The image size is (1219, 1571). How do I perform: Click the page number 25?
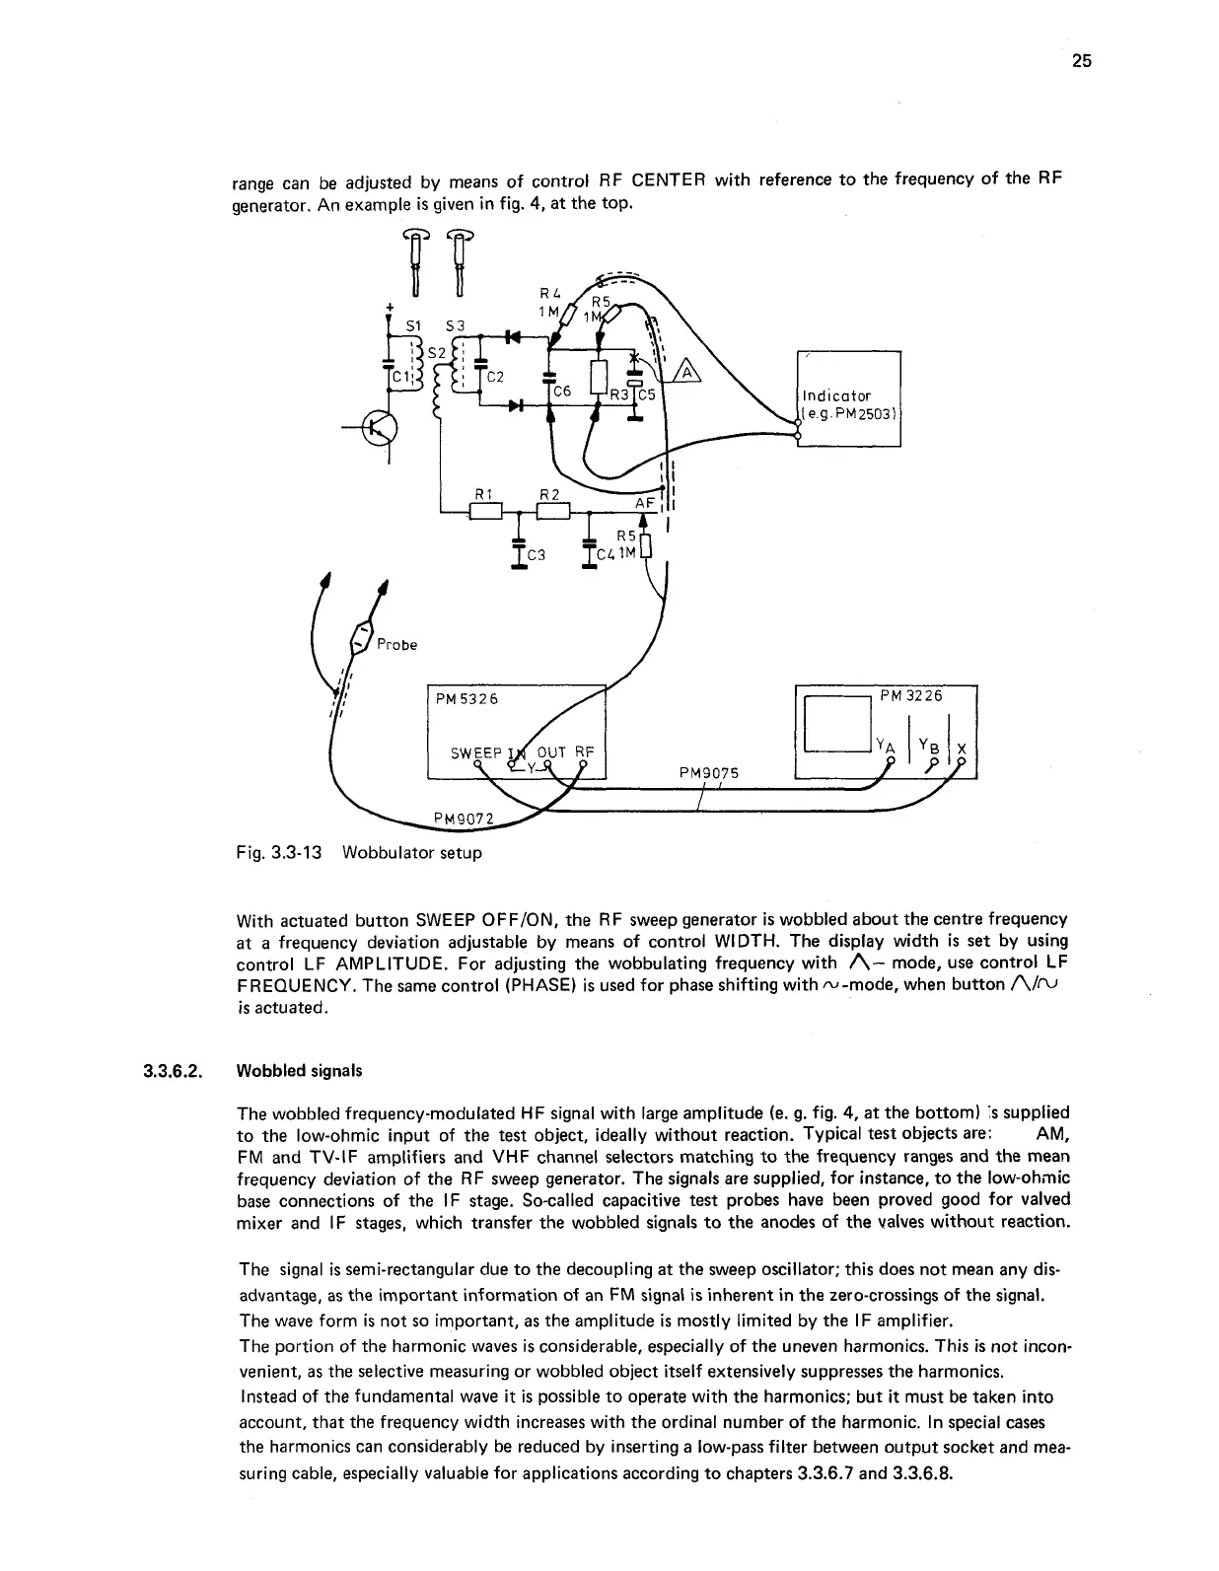[1082, 61]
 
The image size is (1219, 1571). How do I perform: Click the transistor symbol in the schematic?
[380, 426]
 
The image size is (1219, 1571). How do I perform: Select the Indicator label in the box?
[837, 395]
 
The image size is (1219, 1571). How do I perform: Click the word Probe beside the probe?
[397, 645]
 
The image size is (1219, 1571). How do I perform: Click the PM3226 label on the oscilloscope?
[911, 695]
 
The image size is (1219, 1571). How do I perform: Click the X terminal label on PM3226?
[962, 748]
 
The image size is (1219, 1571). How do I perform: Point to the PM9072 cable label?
[468, 818]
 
